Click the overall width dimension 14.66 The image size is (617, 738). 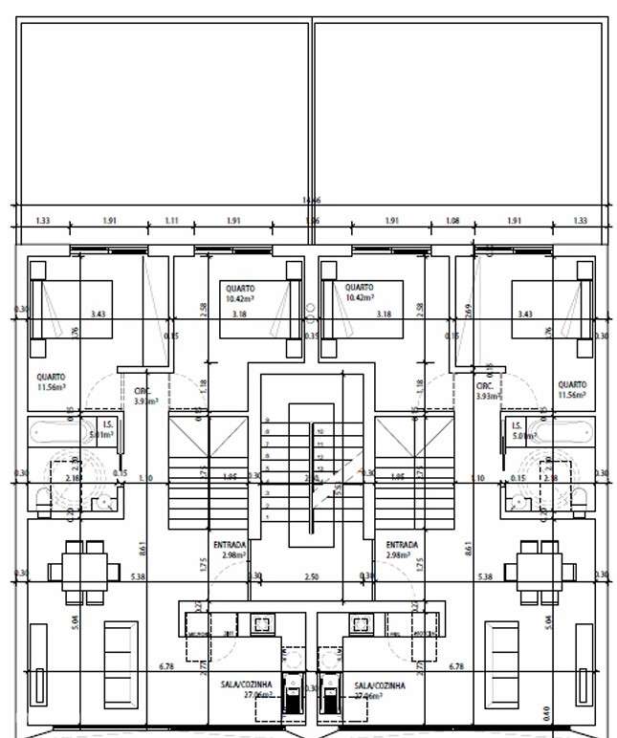pyautogui.click(x=311, y=200)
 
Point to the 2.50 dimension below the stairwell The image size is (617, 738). pyautogui.click(x=311, y=576)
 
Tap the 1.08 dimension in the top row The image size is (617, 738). pyautogui.click(x=452, y=221)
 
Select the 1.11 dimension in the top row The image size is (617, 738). pyautogui.click(x=171, y=221)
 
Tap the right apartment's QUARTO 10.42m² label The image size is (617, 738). pyautogui.click(x=360, y=293)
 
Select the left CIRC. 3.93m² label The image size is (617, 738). pyautogui.click(x=144, y=397)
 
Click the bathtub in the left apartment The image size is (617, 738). pyautogui.click(x=53, y=431)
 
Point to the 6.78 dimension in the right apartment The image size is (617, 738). pyautogui.click(x=456, y=666)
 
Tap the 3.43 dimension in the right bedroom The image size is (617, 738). pyautogui.click(x=524, y=314)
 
